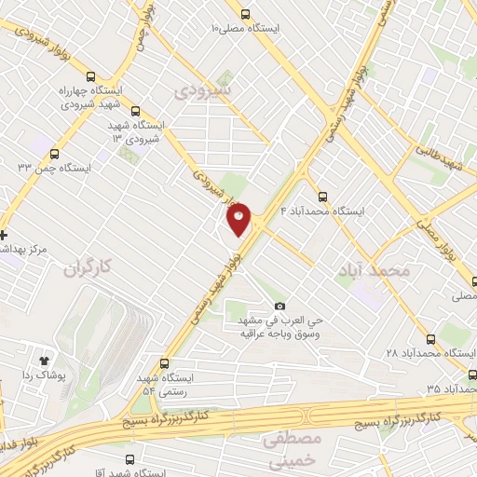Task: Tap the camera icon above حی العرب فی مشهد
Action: [x=279, y=307]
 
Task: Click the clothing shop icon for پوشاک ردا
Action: [x=43, y=359]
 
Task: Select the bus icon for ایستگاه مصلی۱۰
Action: [x=246, y=14]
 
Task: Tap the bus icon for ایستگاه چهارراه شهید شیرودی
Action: [x=90, y=77]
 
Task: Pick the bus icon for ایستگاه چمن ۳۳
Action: [x=55, y=155]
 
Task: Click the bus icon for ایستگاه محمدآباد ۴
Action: [x=322, y=197]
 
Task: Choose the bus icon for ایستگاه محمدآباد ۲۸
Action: [x=431, y=340]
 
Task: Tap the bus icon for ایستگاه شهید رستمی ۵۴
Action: [x=164, y=363]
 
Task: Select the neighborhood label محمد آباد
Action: [x=376, y=270]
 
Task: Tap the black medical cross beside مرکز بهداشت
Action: [x=4, y=235]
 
